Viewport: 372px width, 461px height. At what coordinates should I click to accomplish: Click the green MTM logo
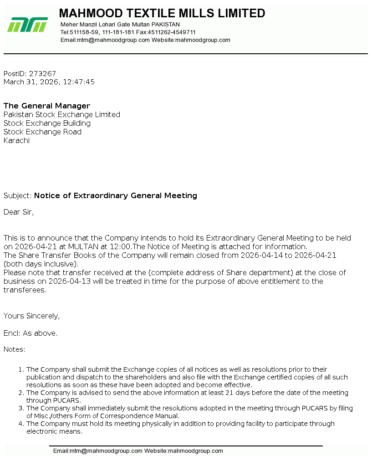(x=27, y=25)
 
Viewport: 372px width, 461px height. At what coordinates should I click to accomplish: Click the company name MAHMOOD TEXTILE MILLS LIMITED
(x=162, y=13)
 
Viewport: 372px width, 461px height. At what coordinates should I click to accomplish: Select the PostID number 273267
(x=42, y=73)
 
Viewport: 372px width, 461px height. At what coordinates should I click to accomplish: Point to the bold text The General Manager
(x=47, y=106)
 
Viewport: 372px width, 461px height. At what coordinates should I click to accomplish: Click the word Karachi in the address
(x=16, y=140)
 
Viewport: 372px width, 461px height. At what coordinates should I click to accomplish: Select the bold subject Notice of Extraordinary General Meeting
(x=116, y=195)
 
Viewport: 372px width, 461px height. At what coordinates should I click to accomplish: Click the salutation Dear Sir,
(x=19, y=212)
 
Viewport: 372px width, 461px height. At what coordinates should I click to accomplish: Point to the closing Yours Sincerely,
(x=32, y=316)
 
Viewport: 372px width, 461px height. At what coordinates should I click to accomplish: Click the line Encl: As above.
(x=31, y=333)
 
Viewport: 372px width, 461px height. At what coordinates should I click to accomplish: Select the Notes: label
(x=15, y=349)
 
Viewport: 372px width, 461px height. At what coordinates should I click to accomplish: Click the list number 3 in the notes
(x=21, y=408)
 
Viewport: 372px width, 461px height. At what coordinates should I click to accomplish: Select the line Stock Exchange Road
(x=42, y=132)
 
